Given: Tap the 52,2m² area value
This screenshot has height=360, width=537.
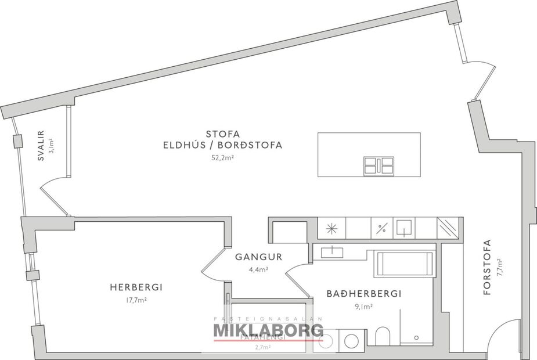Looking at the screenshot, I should [223, 157].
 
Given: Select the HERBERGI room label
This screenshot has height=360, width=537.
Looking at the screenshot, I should [136, 287].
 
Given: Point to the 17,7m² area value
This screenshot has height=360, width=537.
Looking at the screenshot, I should [135, 300].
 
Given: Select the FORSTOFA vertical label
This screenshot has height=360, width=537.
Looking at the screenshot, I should [486, 268].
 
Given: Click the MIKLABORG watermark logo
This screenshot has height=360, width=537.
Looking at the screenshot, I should [268, 330].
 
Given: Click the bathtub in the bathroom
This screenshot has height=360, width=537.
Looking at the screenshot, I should [405, 264].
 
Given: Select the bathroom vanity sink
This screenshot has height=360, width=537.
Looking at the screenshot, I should [331, 252].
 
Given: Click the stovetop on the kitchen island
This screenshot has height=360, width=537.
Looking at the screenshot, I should [379, 166].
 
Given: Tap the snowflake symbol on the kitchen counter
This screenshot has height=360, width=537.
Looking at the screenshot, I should [331, 228].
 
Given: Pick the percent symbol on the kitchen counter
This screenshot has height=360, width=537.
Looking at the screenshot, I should [381, 228].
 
